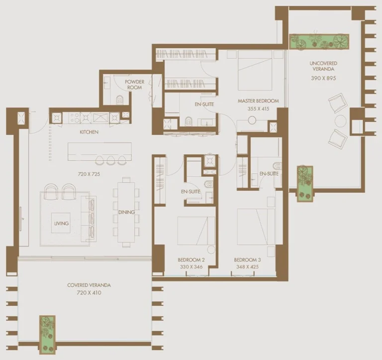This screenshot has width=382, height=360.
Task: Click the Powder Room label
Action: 134,84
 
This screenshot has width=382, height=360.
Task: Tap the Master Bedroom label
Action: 258,101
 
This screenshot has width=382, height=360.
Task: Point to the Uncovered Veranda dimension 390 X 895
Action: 323,78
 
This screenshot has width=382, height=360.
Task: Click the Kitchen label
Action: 89,132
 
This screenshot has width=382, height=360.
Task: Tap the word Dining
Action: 126,213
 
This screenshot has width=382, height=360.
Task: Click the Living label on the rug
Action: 61,224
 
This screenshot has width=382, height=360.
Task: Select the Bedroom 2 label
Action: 191,260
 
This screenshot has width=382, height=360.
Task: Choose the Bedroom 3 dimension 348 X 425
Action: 247,267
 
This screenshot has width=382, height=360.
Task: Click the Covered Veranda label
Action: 89,285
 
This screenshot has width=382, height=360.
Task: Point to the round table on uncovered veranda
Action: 341,120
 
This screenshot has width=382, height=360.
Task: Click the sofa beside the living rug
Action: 91,217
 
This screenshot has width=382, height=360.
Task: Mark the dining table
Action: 126,212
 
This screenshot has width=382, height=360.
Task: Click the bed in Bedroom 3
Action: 255,227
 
